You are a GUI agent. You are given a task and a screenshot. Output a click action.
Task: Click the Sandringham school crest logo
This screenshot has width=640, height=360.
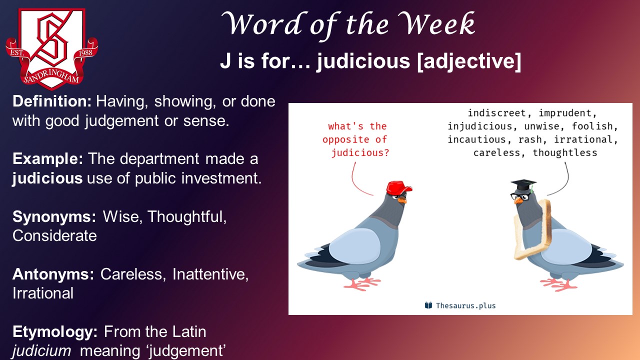pos(51,48)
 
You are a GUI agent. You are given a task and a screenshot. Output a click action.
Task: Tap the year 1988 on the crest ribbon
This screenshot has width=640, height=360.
pos(85,52)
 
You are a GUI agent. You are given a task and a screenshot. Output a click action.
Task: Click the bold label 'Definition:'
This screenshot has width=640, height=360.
pos(52,101)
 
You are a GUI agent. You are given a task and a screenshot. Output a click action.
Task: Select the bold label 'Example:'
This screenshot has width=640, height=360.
pos(47,159)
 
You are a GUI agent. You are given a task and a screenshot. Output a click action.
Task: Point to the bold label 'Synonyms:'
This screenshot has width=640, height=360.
pos(54,216)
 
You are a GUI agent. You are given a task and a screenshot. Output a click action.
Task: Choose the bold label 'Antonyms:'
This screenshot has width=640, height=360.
pos(53,274)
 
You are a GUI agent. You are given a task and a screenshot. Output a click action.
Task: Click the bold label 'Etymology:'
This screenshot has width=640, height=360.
pos(55,332)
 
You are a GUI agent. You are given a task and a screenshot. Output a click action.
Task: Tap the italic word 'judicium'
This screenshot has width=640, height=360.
pos(41,351)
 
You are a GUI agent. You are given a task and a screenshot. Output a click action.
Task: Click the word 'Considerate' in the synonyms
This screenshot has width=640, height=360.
pos(54,235)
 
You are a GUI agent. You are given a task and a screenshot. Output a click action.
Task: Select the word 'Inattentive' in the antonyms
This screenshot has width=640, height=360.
pos(210,274)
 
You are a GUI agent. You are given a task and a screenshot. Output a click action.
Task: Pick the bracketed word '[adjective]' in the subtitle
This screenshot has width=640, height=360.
pos(469,61)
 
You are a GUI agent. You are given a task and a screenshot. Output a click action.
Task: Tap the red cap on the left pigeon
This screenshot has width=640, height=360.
pos(399,187)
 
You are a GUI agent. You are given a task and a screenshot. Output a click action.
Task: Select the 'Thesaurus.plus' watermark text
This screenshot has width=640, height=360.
pos(465,305)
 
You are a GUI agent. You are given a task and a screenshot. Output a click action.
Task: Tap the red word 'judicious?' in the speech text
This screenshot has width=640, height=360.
pos(360,153)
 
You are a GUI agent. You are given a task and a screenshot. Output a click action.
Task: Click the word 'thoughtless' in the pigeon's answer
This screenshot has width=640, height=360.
pos(565,153)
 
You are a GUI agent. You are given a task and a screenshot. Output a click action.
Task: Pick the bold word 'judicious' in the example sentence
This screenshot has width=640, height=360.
pos(47,178)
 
